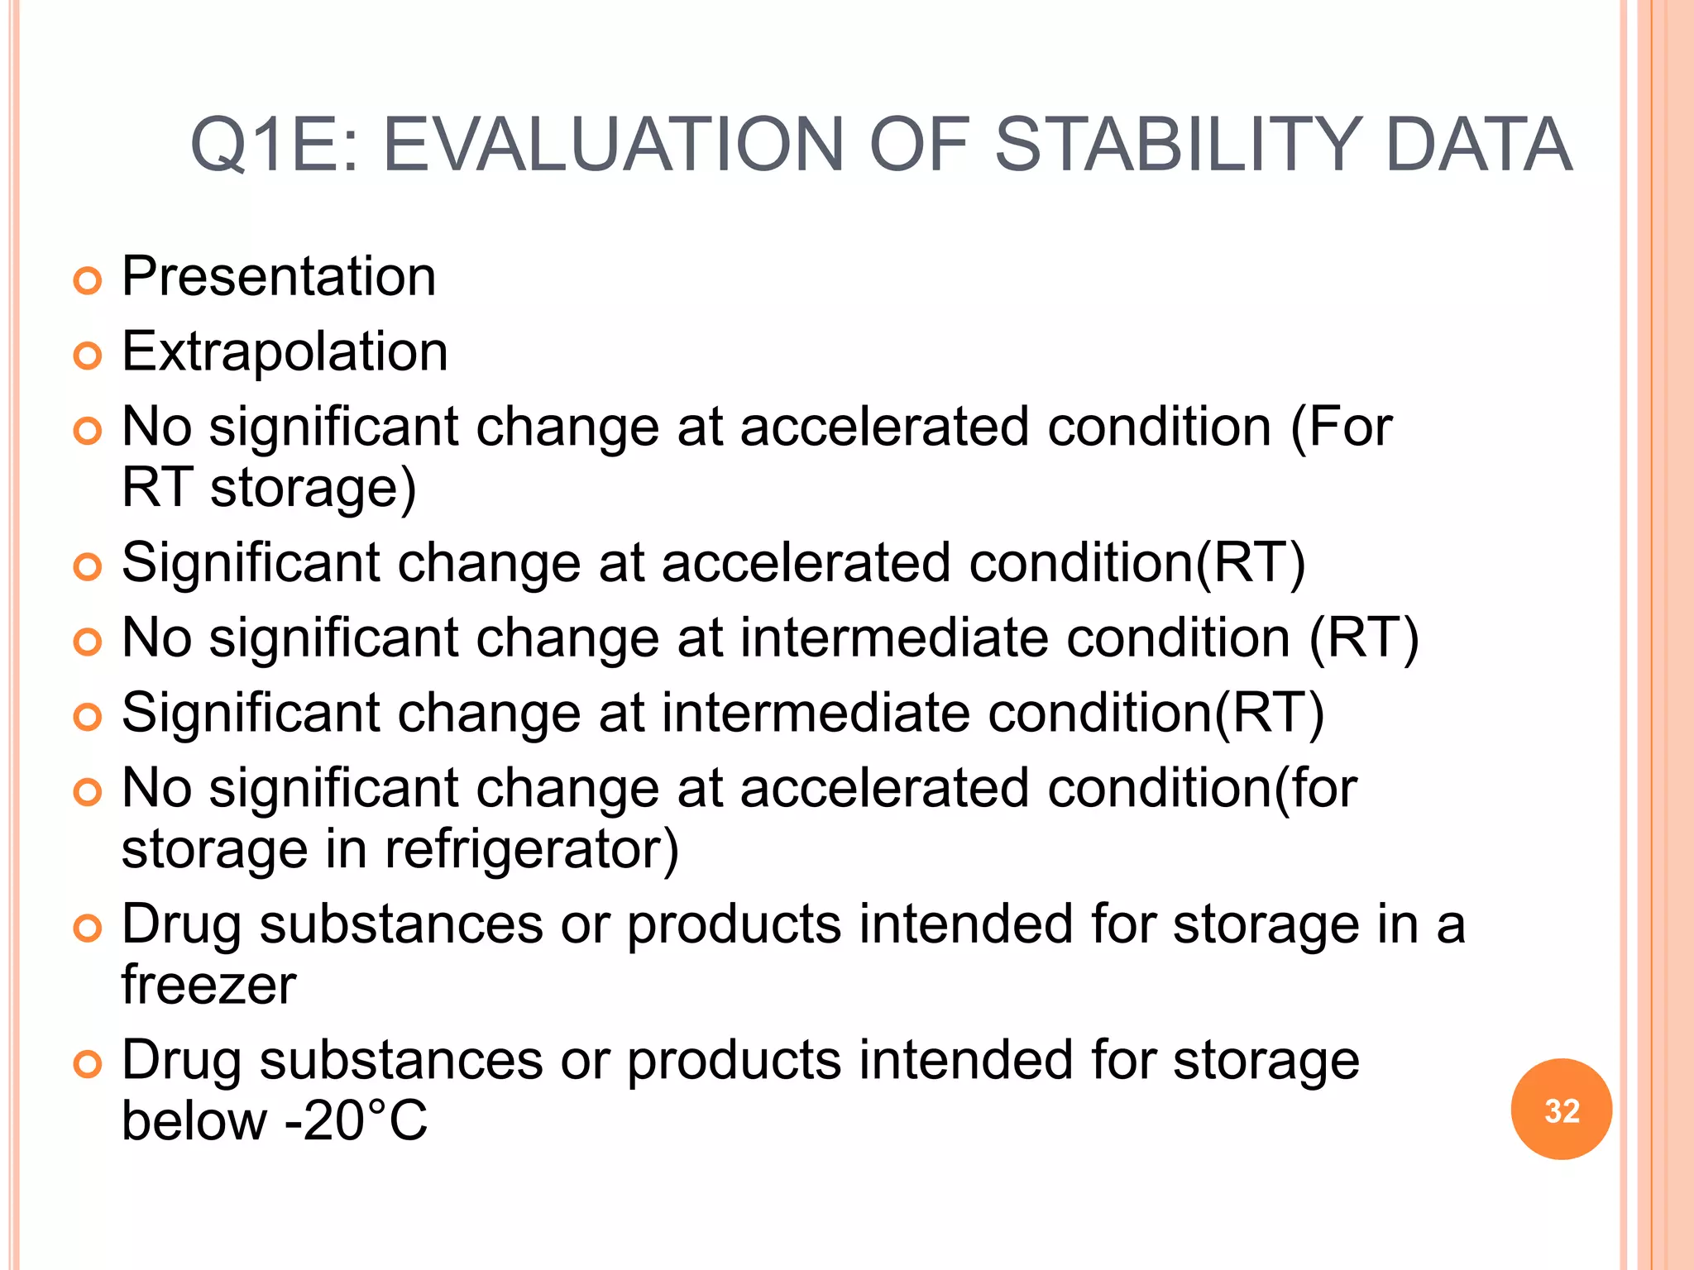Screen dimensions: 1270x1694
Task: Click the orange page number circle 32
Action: (1561, 1110)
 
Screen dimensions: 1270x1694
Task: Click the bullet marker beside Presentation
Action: (87, 281)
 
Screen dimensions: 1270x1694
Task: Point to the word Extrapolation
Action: (285, 351)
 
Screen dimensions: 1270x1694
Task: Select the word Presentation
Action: (279, 276)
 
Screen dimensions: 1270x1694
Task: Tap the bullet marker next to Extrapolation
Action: (87, 356)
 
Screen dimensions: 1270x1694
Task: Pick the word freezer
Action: (208, 985)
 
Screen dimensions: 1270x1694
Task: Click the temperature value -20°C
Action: (357, 1121)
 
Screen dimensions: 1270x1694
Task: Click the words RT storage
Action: (268, 488)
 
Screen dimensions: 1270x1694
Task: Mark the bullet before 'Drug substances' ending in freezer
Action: (87, 929)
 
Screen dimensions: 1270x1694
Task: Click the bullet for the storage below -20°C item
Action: (87, 1065)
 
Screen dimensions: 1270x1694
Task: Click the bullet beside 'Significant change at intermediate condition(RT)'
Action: (87, 718)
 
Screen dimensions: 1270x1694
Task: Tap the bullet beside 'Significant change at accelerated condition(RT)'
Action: (87, 567)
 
